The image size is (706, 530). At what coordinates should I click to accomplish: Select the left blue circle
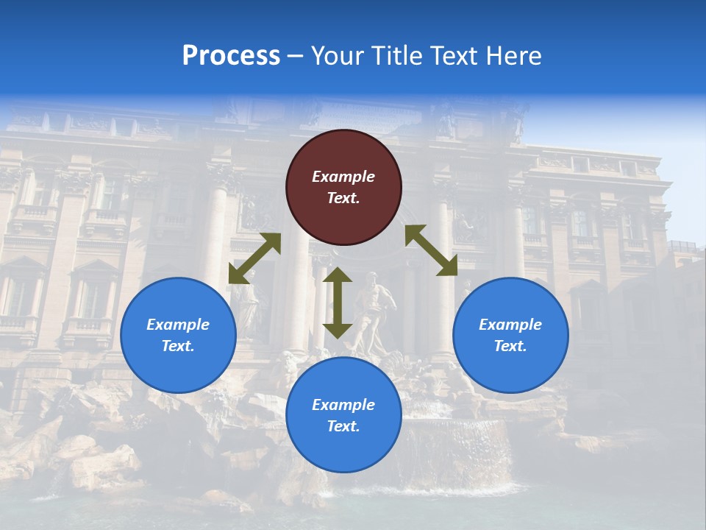178,335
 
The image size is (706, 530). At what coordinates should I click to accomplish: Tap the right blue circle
510,335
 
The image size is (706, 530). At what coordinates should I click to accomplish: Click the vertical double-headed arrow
338,303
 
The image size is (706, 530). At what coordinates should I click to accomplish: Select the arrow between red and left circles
254,258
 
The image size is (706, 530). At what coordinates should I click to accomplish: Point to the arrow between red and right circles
431,250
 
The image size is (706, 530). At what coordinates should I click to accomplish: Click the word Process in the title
231,56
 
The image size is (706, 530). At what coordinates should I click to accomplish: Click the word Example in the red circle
343,177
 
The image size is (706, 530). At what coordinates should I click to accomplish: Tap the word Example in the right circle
510,325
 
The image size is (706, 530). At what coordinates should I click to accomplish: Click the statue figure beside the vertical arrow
374,309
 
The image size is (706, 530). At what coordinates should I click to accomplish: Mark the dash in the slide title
295,56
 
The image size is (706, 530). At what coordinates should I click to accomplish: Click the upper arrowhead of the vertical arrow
338,274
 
